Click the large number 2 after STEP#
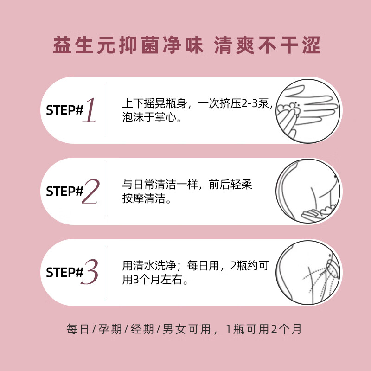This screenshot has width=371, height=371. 90,191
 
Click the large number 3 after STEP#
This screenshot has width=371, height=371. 90,272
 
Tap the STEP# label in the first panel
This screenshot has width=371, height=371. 64,110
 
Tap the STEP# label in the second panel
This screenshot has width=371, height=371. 64,192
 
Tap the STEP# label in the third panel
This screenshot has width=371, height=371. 64,273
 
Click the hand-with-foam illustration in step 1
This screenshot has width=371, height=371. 308,110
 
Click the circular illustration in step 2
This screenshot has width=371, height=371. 308,191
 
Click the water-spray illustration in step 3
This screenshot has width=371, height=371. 308,272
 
